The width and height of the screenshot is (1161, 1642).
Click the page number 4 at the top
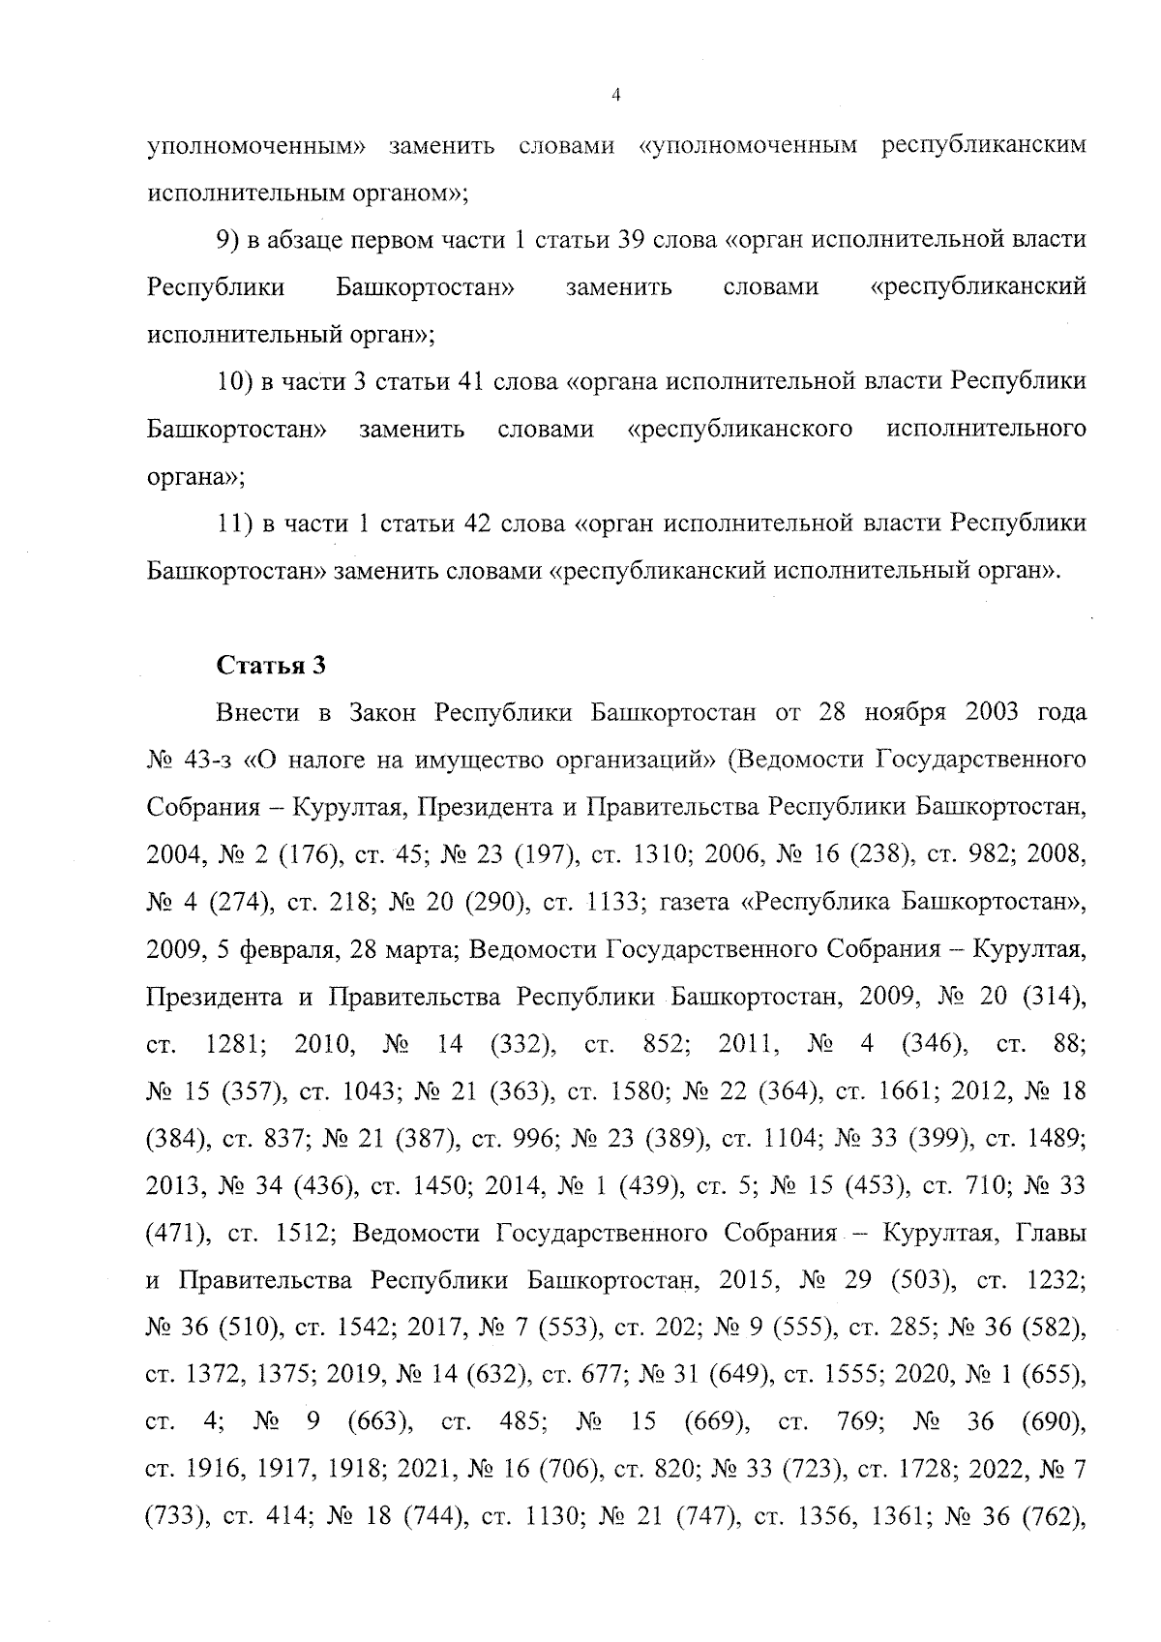point(616,95)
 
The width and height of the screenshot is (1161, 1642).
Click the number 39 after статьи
point(632,239)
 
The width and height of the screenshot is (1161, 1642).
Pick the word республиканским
point(983,145)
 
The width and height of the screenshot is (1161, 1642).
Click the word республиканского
point(740,429)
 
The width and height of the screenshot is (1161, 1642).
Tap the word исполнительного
point(986,429)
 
